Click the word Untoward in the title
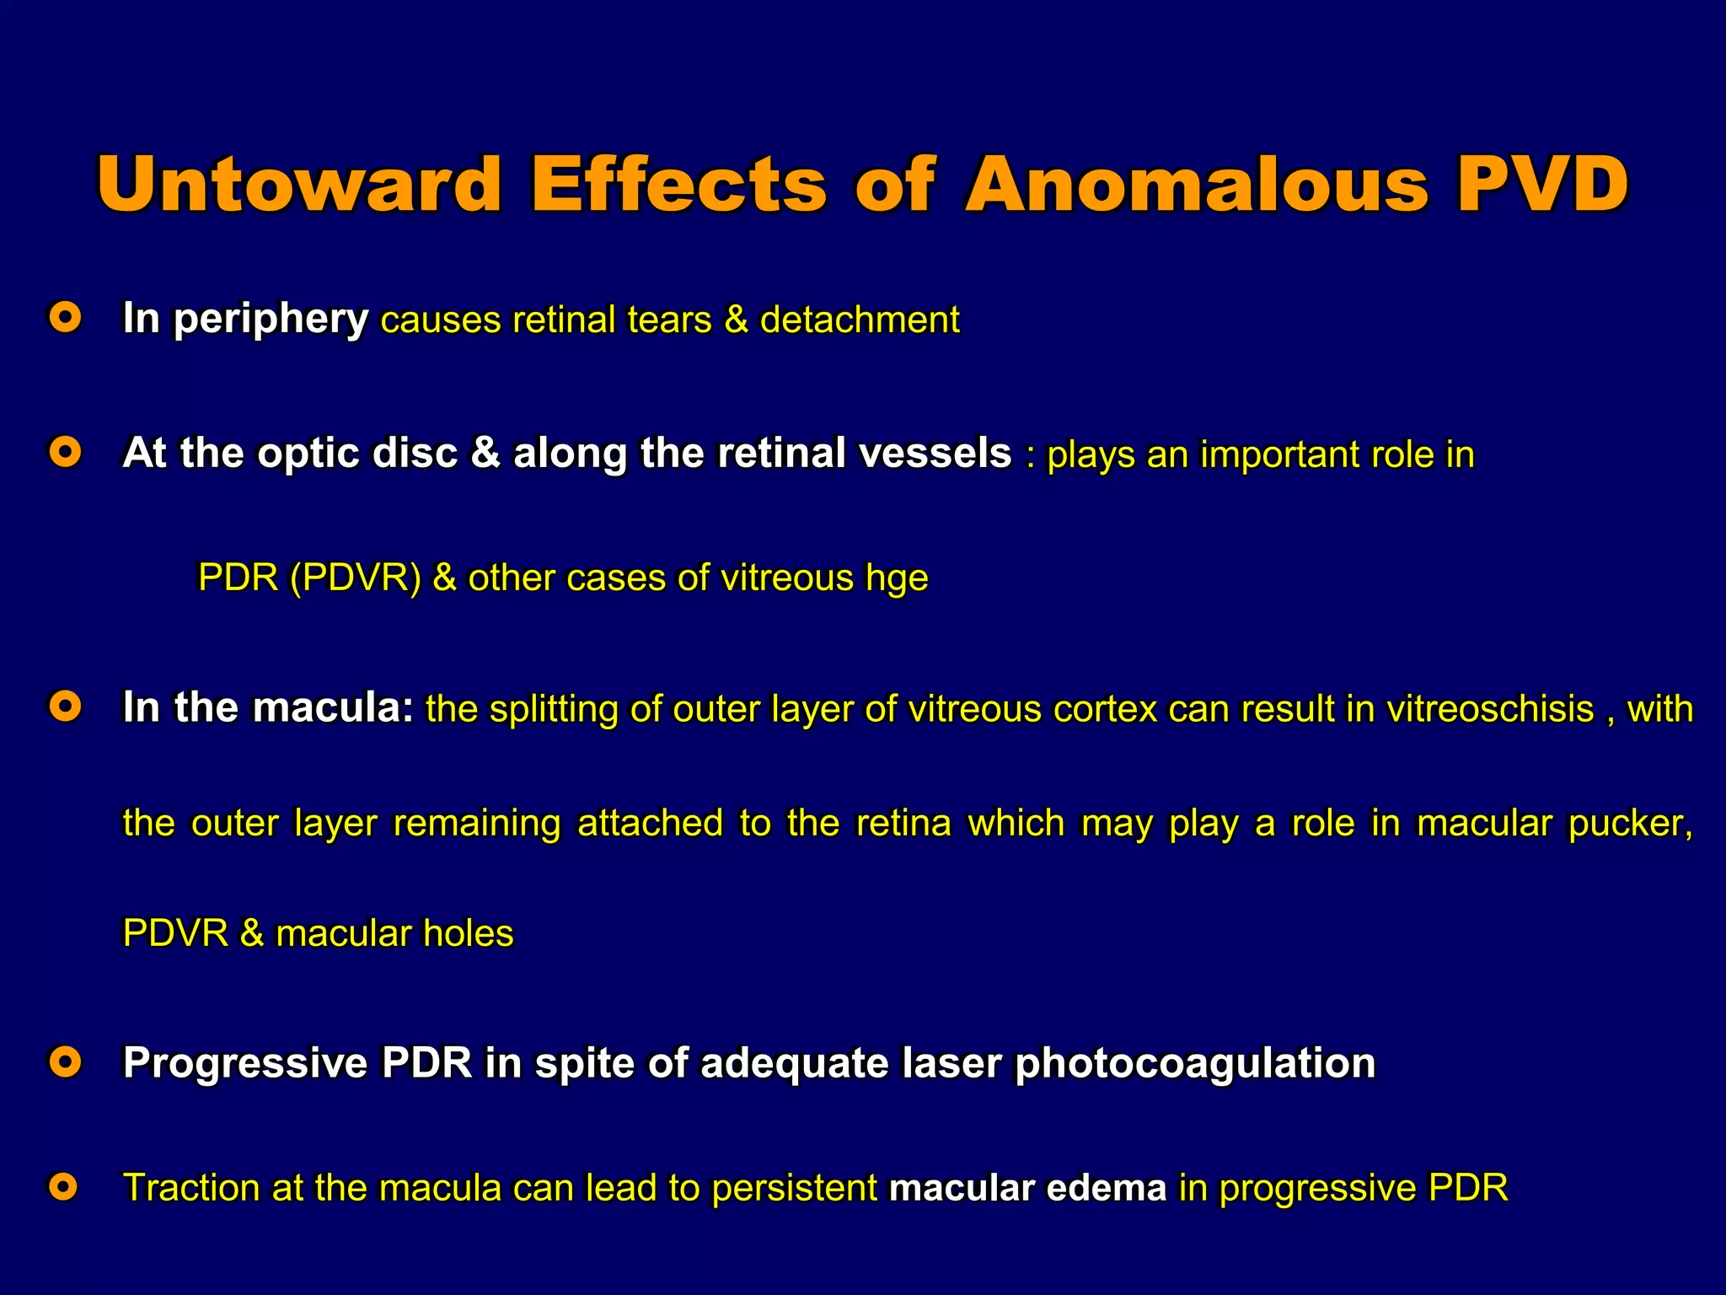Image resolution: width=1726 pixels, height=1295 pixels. coord(299,184)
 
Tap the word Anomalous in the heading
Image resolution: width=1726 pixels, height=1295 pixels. coord(1197,184)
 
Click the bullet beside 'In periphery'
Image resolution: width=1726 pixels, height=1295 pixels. coord(65,318)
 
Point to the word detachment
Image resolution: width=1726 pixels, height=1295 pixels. coord(860,320)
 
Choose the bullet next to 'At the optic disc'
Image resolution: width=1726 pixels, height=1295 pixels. coord(65,453)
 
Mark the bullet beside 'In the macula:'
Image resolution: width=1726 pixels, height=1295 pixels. coord(65,707)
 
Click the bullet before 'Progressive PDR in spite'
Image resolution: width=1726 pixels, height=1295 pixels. coord(65,1061)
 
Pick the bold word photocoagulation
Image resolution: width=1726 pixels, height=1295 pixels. coord(1195,1063)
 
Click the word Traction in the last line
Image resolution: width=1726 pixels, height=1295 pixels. coord(192,1188)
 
